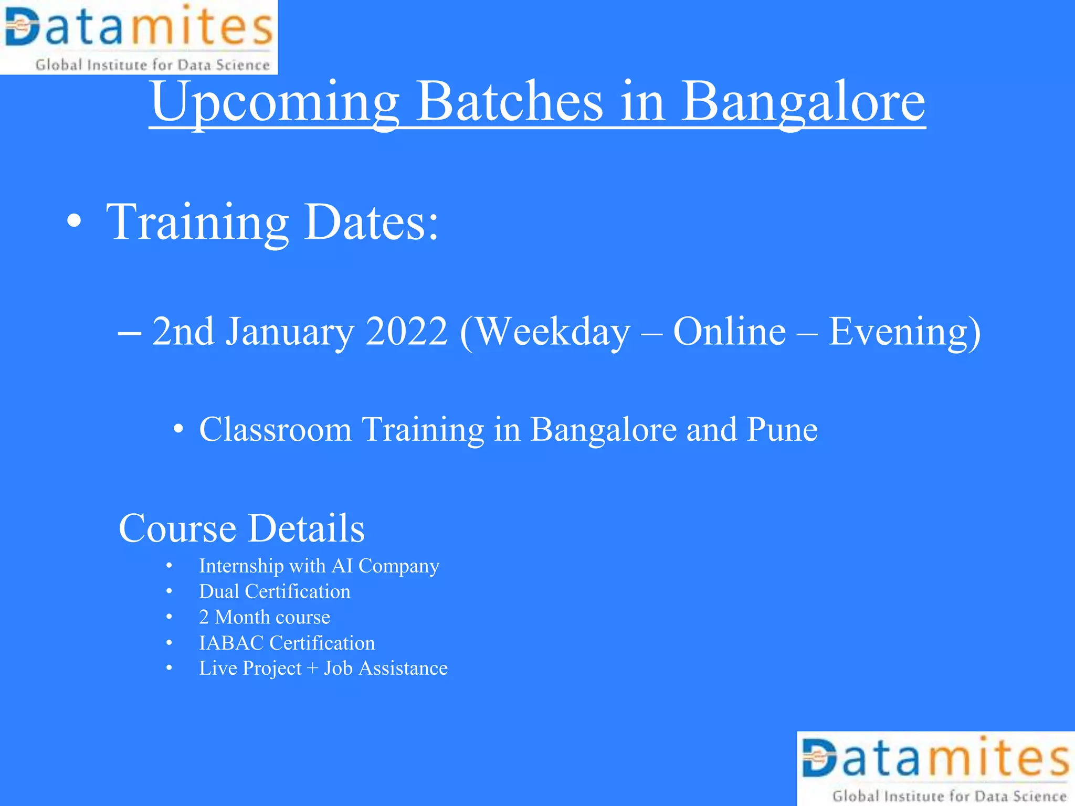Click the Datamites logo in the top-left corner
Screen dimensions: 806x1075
click(x=139, y=37)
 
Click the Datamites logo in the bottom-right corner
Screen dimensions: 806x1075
click(x=935, y=768)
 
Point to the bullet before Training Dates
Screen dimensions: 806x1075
click(x=75, y=221)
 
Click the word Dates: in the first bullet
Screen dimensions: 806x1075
click(x=371, y=222)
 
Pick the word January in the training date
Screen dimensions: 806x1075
click(x=290, y=332)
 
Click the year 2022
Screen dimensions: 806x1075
click(x=406, y=332)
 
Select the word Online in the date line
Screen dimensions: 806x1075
click(x=729, y=332)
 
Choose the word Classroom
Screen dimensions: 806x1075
click(x=275, y=429)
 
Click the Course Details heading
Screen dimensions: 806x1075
click(x=241, y=528)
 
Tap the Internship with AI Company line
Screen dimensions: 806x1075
click(x=319, y=566)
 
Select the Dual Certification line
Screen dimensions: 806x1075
click(x=275, y=591)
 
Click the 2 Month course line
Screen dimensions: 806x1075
click(x=265, y=617)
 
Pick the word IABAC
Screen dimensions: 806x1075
click(x=231, y=643)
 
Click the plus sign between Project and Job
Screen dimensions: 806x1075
click(x=312, y=669)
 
